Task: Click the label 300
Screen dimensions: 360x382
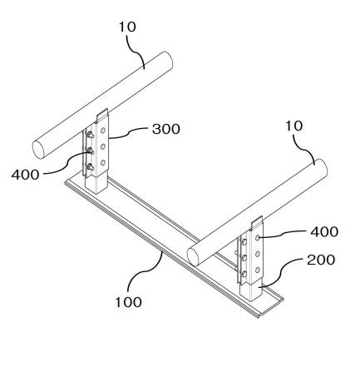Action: (x=166, y=129)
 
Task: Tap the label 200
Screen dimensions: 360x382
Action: (x=321, y=260)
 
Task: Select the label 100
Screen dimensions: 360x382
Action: (x=128, y=302)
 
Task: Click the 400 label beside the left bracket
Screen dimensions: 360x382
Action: (x=25, y=175)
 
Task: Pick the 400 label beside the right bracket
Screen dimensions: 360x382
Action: (x=324, y=231)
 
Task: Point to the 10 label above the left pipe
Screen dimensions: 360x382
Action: (x=127, y=27)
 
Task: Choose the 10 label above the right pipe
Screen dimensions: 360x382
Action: (x=294, y=126)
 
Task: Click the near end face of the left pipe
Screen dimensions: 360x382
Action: (x=38, y=150)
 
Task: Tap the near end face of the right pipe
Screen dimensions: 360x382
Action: (x=193, y=257)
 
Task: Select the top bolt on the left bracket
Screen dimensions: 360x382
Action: (x=91, y=135)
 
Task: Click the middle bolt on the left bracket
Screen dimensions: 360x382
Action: (x=91, y=151)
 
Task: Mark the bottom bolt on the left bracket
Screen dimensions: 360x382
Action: (x=91, y=166)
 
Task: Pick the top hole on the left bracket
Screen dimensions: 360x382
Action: (x=103, y=130)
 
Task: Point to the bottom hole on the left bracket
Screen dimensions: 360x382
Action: (x=103, y=162)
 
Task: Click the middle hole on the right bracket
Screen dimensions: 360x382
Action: (x=258, y=254)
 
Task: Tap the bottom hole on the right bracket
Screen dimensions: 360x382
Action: (x=258, y=270)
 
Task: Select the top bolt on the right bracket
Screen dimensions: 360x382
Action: (x=244, y=242)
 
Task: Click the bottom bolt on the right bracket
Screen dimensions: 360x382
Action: (x=244, y=274)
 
